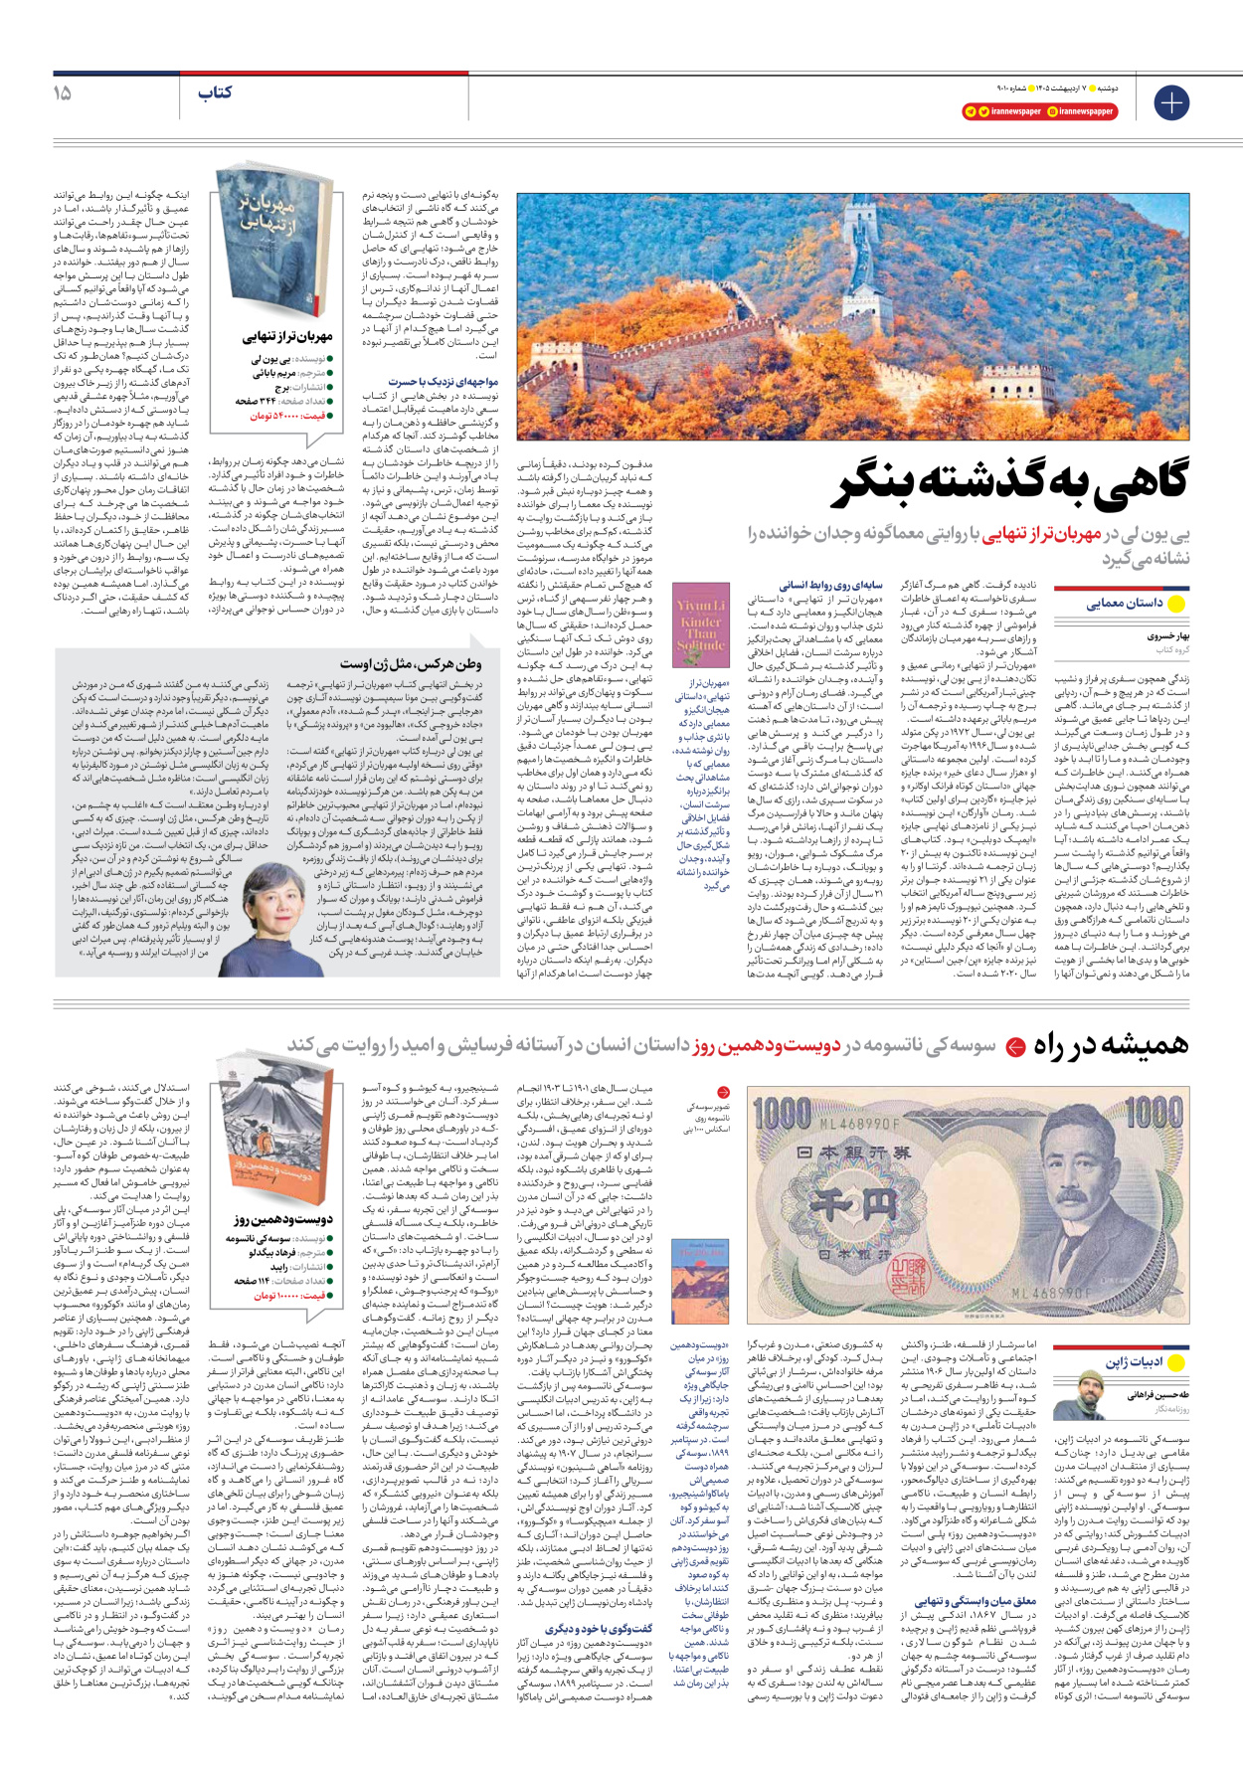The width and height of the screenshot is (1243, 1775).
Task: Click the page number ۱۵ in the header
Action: [x=62, y=92]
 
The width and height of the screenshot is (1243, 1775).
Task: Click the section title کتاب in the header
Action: [x=215, y=92]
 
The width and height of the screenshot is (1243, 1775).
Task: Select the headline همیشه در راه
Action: [x=1110, y=1045]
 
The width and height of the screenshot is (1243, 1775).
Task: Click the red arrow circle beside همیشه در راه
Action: [x=1014, y=1047]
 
